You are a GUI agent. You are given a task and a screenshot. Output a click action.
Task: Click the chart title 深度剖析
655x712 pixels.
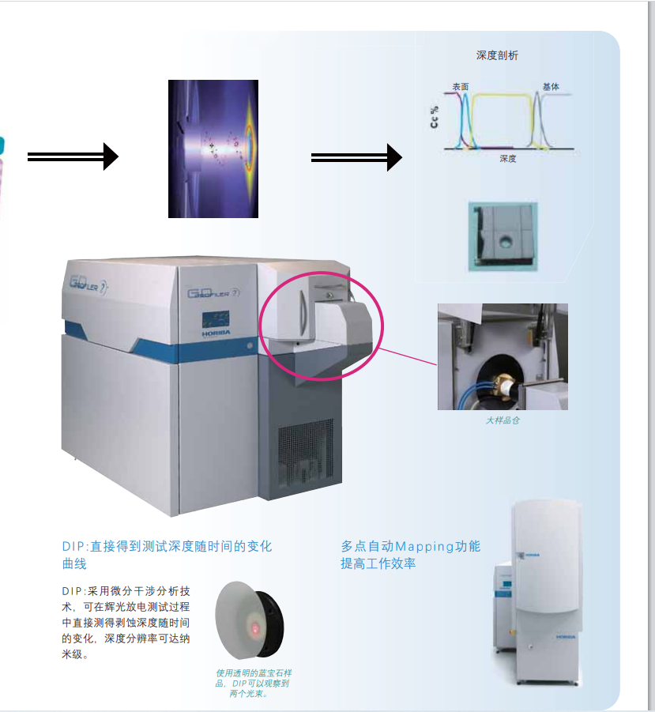(x=497, y=55)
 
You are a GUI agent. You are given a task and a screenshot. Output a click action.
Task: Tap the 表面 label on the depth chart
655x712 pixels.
(x=461, y=85)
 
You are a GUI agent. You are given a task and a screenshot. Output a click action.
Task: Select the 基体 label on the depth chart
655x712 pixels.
(x=551, y=86)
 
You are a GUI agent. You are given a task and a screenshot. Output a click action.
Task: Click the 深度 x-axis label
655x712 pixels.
(x=507, y=159)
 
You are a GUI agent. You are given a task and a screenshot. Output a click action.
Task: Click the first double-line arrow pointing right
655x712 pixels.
(x=73, y=156)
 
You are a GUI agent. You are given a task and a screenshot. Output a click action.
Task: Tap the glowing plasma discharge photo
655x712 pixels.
(x=213, y=149)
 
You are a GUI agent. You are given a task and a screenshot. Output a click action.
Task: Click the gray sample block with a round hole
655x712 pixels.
(x=503, y=236)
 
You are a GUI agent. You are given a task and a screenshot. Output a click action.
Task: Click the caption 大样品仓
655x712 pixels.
(x=503, y=420)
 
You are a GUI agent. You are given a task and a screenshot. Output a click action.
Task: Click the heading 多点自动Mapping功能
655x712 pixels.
(x=410, y=546)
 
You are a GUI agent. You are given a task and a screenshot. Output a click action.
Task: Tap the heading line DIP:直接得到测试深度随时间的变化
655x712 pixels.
(x=167, y=546)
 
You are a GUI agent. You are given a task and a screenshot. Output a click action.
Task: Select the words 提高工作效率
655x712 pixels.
(x=378, y=563)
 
